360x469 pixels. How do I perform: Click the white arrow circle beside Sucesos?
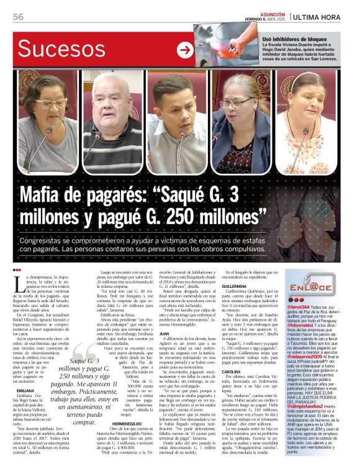(184, 50)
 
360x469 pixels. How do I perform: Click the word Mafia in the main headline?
(45, 197)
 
